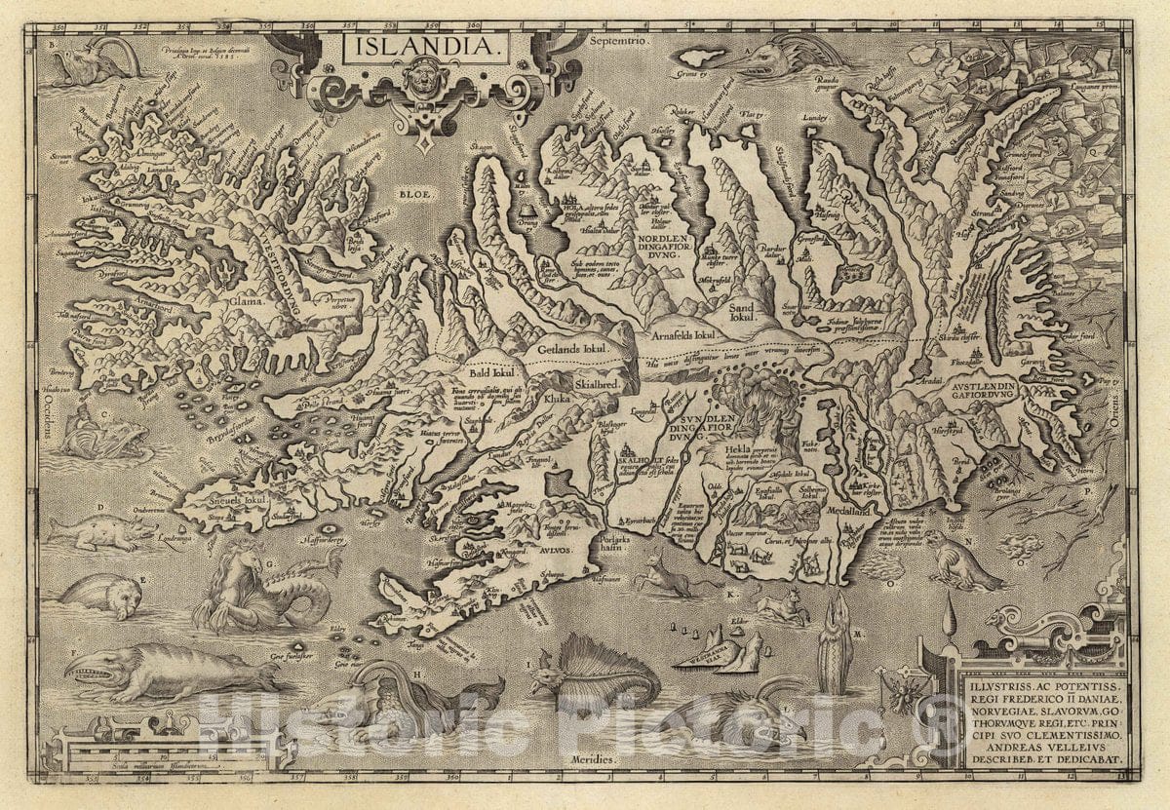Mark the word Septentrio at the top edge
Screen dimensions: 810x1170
pos(619,44)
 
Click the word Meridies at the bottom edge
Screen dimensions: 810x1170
pos(592,757)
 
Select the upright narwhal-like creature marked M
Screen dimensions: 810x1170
pos(836,643)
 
